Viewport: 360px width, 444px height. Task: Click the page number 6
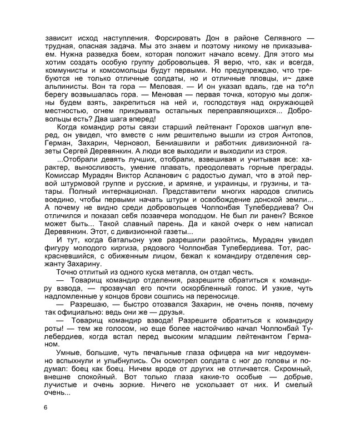point(47,408)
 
